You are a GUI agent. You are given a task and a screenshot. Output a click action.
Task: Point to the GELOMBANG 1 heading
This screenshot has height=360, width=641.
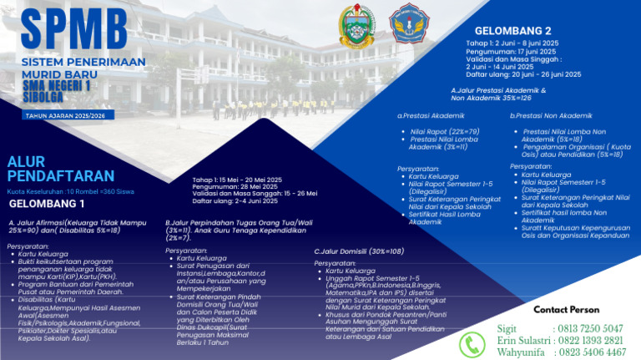(48, 203)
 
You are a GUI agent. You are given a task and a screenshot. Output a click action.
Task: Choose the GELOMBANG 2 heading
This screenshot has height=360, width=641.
(513, 31)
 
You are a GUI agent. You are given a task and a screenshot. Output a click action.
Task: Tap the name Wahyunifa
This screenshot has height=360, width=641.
(522, 353)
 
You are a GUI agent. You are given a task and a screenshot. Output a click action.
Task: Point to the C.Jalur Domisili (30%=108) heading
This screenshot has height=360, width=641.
(359, 251)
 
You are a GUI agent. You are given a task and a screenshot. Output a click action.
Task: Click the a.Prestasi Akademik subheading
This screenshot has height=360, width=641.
(431, 115)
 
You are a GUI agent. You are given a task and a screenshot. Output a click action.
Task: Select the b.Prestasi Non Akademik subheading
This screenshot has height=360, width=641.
(551, 115)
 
